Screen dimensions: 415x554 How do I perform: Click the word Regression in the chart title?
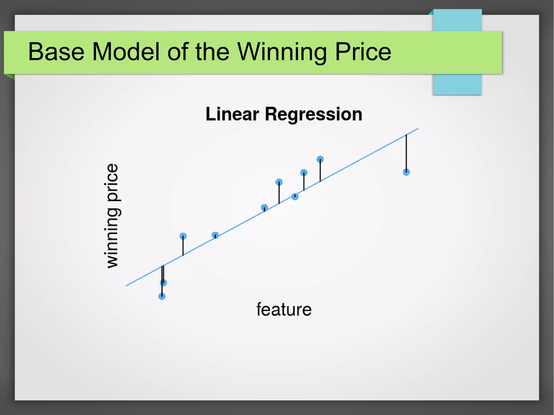tap(314, 114)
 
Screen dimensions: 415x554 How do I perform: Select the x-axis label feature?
tap(284, 309)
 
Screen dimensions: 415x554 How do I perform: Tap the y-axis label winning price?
tap(111, 216)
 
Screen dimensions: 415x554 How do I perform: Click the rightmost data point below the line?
tap(406, 172)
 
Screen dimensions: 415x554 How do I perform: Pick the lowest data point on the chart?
tap(162, 296)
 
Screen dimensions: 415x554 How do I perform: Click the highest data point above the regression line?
tap(320, 159)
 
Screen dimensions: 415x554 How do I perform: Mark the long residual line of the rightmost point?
tap(406, 153)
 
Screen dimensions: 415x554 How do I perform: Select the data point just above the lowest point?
tap(163, 283)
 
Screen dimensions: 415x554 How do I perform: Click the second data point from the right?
tap(320, 159)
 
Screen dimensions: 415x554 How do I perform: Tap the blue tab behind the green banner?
tap(457, 84)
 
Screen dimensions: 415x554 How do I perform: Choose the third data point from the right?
tap(304, 172)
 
